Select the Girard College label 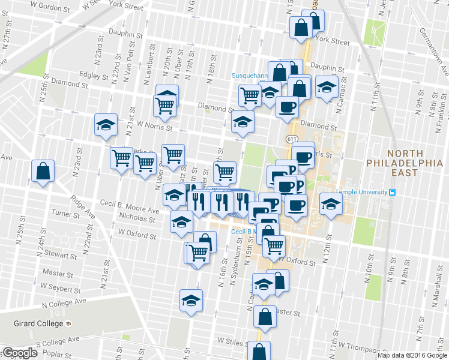(x=38, y=323)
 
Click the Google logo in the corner (x=19, y=353)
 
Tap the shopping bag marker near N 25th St (x=44, y=171)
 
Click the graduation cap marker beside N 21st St (x=106, y=125)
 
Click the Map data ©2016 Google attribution (x=412, y=355)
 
